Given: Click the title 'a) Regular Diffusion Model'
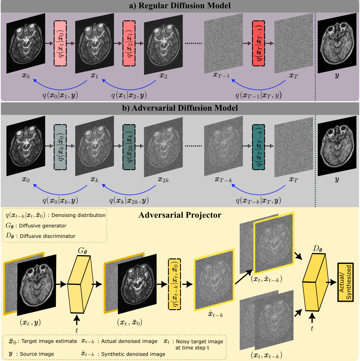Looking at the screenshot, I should pos(180,6).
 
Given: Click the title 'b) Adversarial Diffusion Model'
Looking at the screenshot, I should pos(180,108).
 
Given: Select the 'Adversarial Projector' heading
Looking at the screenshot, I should pos(180,215).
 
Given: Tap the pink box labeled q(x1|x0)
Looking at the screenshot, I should pos(60,43).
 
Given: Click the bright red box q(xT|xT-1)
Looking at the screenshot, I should pos(259,43).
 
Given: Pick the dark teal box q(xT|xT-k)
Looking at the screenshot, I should pos(259,147).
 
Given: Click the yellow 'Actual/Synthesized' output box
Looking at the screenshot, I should pos(345,282).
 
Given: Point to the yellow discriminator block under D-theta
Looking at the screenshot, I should pos(314,282).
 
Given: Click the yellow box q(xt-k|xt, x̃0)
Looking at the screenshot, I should pos(175,284).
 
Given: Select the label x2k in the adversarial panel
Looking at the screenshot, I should pos(163,180).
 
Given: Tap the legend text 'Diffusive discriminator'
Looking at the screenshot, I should pos(48,236).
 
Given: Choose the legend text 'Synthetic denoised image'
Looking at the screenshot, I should pos(133,354).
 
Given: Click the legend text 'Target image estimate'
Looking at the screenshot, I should pos(49,341).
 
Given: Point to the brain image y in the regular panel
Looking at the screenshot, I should pos(337,43).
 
